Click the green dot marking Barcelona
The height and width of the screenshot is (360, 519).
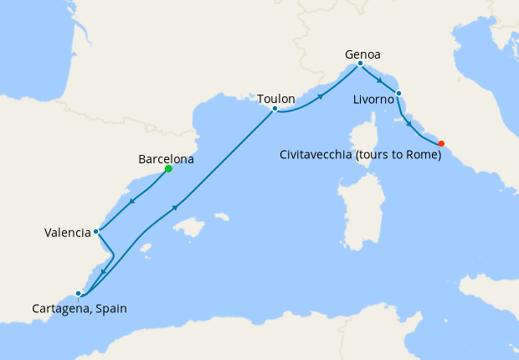click(x=168, y=168)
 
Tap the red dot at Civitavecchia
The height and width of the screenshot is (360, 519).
click(x=441, y=142)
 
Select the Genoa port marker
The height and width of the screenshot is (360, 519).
click(x=360, y=64)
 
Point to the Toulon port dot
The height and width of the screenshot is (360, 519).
click(x=275, y=109)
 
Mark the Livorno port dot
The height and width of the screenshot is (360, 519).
click(x=398, y=93)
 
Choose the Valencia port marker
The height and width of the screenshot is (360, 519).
click(x=97, y=231)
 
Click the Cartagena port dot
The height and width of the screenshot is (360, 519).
click(x=78, y=293)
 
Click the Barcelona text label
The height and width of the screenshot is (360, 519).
click(x=166, y=158)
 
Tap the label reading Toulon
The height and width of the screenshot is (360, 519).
click(x=275, y=99)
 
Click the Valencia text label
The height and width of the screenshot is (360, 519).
click(x=67, y=233)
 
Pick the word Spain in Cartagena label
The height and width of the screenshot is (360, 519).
click(x=110, y=308)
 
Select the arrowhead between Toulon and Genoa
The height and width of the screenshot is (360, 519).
click(x=320, y=97)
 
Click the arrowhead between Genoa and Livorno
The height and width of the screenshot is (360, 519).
click(x=380, y=80)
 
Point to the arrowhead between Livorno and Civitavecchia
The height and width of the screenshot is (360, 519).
click(x=409, y=124)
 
